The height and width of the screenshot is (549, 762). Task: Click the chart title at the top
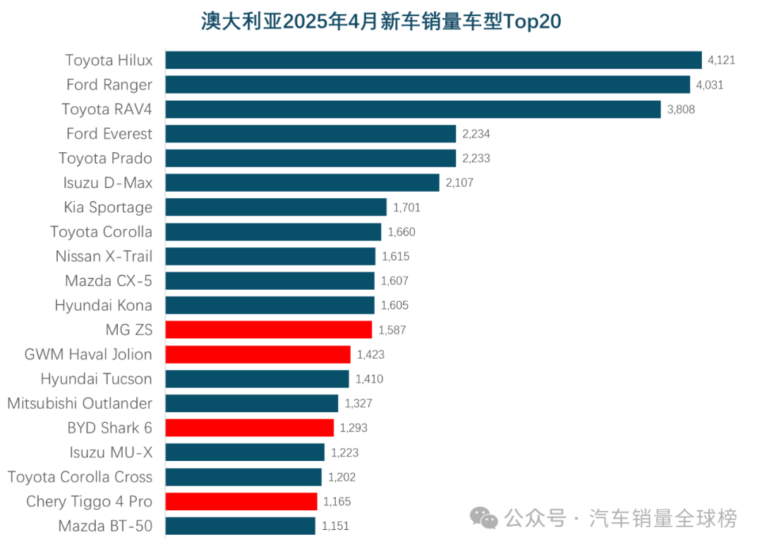pos(381,21)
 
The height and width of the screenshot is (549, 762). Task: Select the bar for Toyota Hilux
pos(433,60)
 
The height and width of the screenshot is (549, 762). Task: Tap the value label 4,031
pos(710,85)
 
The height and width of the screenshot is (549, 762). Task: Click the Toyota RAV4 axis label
pos(107,109)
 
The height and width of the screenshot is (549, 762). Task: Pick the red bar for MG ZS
pos(269,330)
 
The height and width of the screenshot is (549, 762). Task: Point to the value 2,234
pos(476,134)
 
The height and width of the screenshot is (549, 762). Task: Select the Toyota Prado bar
pos(310,158)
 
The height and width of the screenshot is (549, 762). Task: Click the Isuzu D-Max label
pos(108,183)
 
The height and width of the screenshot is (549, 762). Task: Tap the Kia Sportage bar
pos(276,207)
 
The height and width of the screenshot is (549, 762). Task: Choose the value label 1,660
pos(401,232)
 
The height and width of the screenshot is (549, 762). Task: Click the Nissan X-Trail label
pos(104,256)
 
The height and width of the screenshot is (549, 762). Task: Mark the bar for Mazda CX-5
pos(270,280)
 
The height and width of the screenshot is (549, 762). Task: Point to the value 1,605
pos(394,305)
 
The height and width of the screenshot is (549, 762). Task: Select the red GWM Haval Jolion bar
pos(258,354)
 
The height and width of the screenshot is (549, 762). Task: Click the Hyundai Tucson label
pos(96,379)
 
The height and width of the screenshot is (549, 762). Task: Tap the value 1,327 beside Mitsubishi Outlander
pos(358,404)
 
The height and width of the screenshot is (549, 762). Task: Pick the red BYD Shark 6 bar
pos(250,428)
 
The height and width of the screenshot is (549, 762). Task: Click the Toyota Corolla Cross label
pos(80,477)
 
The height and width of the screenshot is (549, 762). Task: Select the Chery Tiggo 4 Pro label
pos(89,502)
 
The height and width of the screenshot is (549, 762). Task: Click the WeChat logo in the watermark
pos(485,519)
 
